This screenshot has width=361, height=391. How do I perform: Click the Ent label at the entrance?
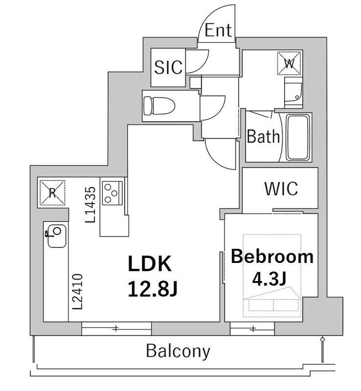click(x=218, y=30)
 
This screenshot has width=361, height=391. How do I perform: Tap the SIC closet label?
click(x=168, y=67)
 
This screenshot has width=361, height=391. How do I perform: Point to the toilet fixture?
click(x=159, y=106)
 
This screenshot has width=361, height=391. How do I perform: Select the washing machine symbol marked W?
click(x=290, y=63)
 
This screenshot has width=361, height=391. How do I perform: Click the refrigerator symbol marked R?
click(x=52, y=193)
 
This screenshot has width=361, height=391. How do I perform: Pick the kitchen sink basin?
click(x=57, y=236)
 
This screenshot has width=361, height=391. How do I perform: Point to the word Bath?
click(x=263, y=136)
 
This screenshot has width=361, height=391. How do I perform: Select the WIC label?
click(x=281, y=189)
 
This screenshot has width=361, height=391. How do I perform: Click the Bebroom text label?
click(x=272, y=256)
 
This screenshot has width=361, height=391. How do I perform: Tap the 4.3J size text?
click(x=269, y=279)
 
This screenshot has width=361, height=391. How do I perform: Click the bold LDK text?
click(x=150, y=263)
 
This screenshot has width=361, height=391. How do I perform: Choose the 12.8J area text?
click(x=153, y=288)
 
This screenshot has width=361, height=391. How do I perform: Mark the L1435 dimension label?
click(x=90, y=205)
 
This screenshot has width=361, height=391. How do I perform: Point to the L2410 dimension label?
click(x=77, y=292)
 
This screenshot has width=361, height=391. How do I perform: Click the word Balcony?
click(x=178, y=351)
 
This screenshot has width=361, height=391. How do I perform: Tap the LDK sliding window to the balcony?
click(x=116, y=328)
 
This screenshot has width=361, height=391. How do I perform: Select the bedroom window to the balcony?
click(x=252, y=328)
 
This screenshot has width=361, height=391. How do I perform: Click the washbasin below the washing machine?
click(x=293, y=92)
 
